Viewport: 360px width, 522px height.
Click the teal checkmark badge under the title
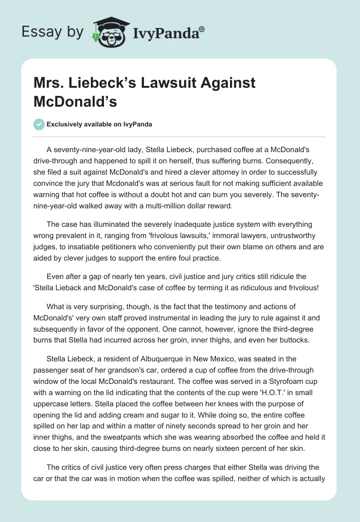click(x=39, y=124)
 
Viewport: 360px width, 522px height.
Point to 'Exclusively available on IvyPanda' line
click(x=99, y=124)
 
